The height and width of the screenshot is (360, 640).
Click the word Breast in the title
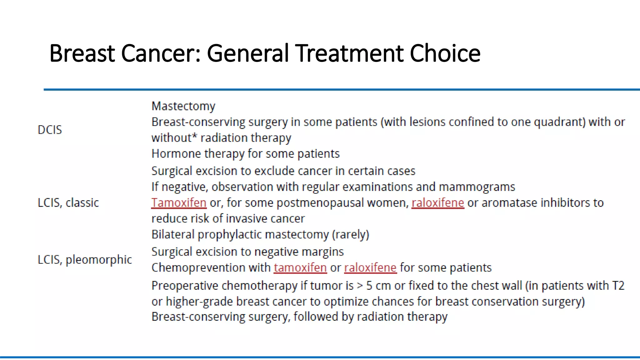(x=82, y=53)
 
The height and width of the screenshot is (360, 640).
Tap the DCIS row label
(x=50, y=130)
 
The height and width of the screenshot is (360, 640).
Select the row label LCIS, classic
(x=68, y=203)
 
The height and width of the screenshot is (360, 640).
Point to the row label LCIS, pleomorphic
(x=85, y=260)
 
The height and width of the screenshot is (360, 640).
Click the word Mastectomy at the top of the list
(x=183, y=106)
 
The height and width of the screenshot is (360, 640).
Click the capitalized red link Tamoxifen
(x=179, y=203)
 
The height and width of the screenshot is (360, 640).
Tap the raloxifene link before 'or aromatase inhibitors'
(x=437, y=203)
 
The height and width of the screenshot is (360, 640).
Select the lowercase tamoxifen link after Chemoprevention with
(x=300, y=268)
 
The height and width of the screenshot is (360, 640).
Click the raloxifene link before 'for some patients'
(x=370, y=268)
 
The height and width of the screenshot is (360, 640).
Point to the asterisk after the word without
(x=194, y=136)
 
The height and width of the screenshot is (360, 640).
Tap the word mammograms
(x=477, y=187)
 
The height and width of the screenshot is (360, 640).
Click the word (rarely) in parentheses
(x=351, y=235)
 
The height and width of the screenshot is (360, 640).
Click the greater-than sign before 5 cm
(x=360, y=286)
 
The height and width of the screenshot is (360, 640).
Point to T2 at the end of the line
(x=618, y=286)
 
